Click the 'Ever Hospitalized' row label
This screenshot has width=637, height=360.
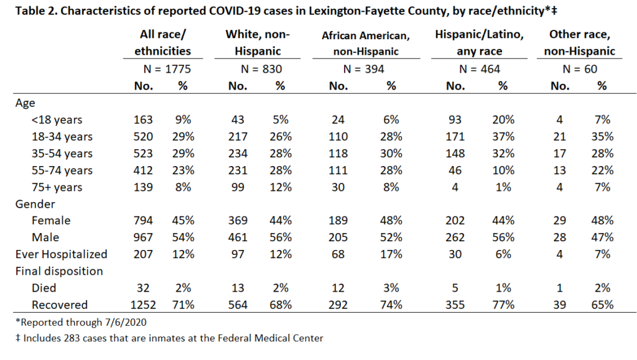click(62, 254)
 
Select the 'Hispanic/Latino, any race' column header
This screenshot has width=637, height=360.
click(480, 43)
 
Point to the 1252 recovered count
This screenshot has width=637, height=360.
click(143, 305)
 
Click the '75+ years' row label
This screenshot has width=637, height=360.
click(57, 188)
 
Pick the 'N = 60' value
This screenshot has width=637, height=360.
click(580, 69)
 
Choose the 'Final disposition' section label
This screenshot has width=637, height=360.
click(59, 271)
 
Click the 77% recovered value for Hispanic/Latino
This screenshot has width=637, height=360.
click(503, 305)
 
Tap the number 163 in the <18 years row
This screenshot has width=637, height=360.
click(143, 120)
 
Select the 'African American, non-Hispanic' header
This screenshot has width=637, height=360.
click(366, 44)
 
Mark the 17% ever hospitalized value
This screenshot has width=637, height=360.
click(391, 254)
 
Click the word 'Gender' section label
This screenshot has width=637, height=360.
click(35, 204)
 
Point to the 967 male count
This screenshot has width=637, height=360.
click(143, 238)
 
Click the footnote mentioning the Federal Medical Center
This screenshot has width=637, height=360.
click(169, 338)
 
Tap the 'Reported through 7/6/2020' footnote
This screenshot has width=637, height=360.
click(81, 322)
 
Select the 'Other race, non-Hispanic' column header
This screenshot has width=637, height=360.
click(580, 43)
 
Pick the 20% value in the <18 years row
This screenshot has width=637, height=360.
click(503, 120)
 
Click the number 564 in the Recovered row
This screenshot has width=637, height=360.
click(238, 305)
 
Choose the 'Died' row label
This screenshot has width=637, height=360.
click(44, 288)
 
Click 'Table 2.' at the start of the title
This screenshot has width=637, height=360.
click(37, 11)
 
